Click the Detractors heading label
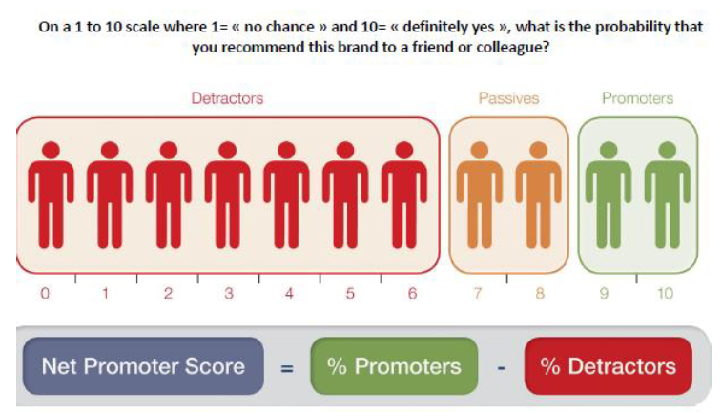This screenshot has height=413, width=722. [x=227, y=98]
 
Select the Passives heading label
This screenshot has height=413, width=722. [x=509, y=98]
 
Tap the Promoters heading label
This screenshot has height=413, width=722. [x=637, y=98]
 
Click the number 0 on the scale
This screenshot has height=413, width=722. [x=44, y=294]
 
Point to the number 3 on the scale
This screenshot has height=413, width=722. [x=228, y=294]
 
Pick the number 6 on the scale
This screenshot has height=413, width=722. [x=412, y=294]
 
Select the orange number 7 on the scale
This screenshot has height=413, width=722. [x=479, y=294]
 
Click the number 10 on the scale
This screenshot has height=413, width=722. [x=664, y=294]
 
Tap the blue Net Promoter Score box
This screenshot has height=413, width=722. [x=143, y=366]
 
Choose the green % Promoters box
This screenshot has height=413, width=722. [x=394, y=366]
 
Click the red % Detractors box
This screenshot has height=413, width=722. [x=608, y=366]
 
